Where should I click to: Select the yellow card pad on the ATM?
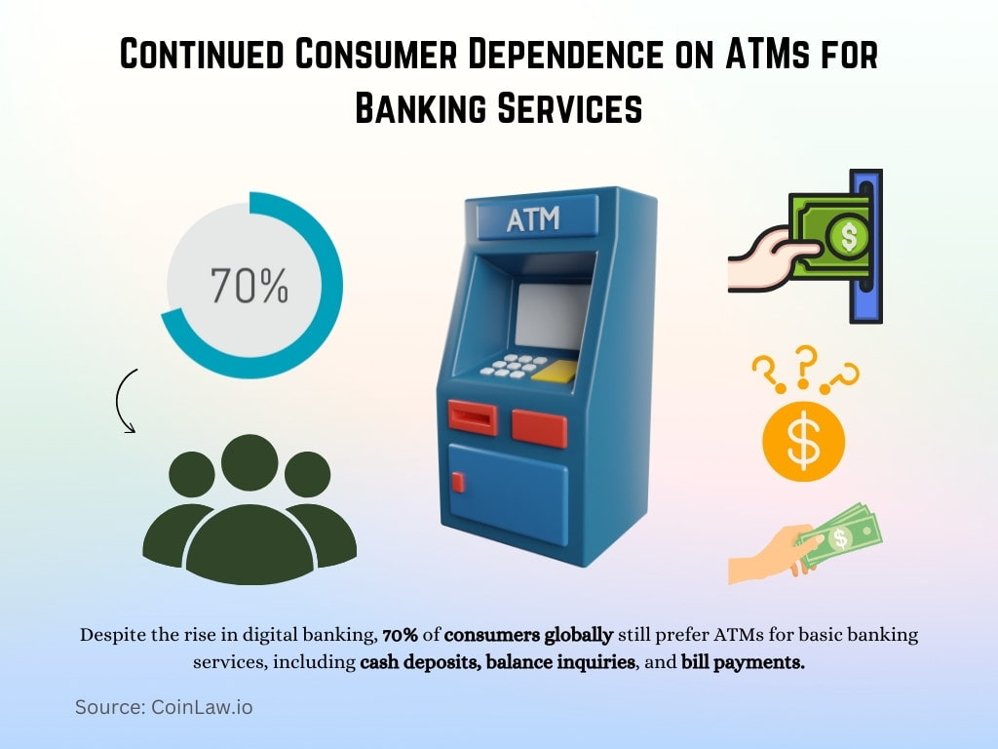pyautogui.click(x=555, y=372)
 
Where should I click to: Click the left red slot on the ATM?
pyautogui.click(x=472, y=418)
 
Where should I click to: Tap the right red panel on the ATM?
pyautogui.click(x=539, y=427)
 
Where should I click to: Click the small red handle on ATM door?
pyautogui.click(x=458, y=481)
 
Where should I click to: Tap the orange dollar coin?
pyautogui.click(x=803, y=442)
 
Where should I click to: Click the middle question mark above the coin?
pyautogui.click(x=804, y=363)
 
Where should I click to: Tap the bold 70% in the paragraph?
pyautogui.click(x=400, y=636)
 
